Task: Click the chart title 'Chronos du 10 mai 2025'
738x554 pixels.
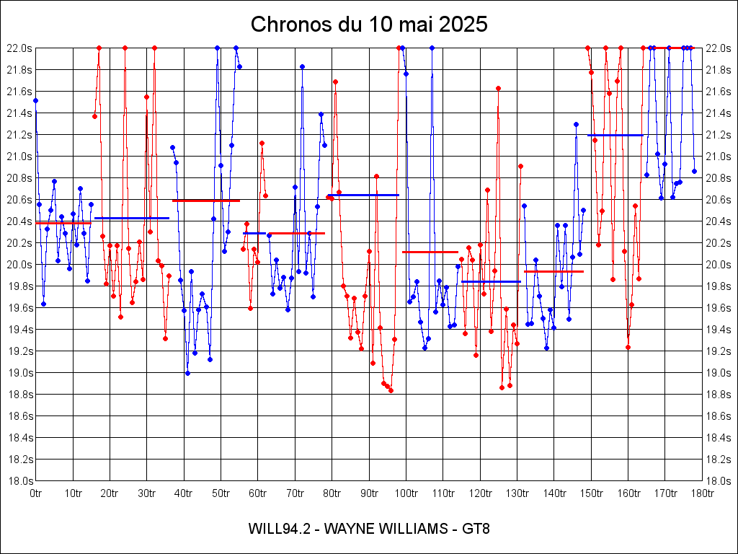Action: tap(369, 25)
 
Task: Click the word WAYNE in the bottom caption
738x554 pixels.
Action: tap(353, 529)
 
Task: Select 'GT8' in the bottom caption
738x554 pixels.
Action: tap(476, 529)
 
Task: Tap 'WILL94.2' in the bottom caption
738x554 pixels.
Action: tap(279, 529)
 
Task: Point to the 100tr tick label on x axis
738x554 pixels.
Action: tap(406, 493)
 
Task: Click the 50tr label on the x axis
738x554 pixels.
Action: tap(221, 493)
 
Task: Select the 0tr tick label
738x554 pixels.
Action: tap(36, 493)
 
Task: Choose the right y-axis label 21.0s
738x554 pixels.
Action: tap(719, 157)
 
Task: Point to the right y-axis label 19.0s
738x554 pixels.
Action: tap(719, 373)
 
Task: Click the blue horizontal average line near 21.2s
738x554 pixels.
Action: tap(615, 135)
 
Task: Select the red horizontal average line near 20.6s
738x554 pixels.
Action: tap(206, 201)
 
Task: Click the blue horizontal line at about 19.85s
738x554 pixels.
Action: tap(491, 281)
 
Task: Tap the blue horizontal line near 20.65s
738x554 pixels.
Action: tap(364, 195)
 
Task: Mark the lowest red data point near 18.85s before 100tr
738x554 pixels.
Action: tap(391, 391)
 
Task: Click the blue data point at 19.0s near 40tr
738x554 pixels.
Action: tap(187, 373)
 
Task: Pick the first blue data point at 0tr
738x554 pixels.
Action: tap(36, 100)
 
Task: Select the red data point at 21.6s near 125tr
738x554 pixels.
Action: tap(498, 88)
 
